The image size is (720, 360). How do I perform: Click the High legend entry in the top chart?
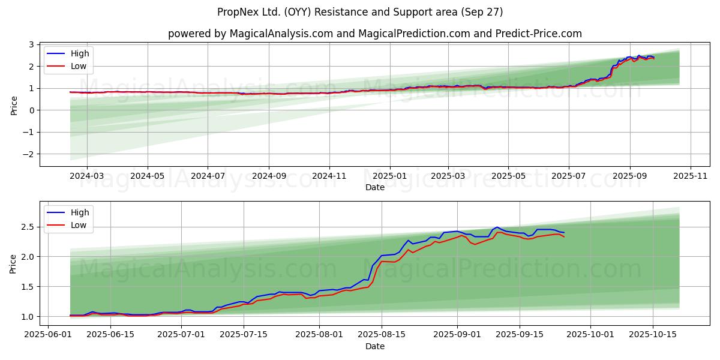tap(79, 53)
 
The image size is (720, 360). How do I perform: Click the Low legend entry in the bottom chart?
tap(78, 225)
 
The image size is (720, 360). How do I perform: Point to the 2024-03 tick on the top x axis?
tap(87, 176)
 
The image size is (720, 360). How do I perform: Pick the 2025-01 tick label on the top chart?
tap(390, 176)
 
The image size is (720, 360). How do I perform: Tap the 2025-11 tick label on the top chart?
tap(691, 176)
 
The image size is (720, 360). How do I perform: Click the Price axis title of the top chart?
tap(14, 105)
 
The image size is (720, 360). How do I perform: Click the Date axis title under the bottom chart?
tap(375, 346)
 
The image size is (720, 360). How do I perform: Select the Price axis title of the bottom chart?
tap(14, 264)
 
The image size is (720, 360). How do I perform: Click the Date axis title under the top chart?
tap(375, 187)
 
